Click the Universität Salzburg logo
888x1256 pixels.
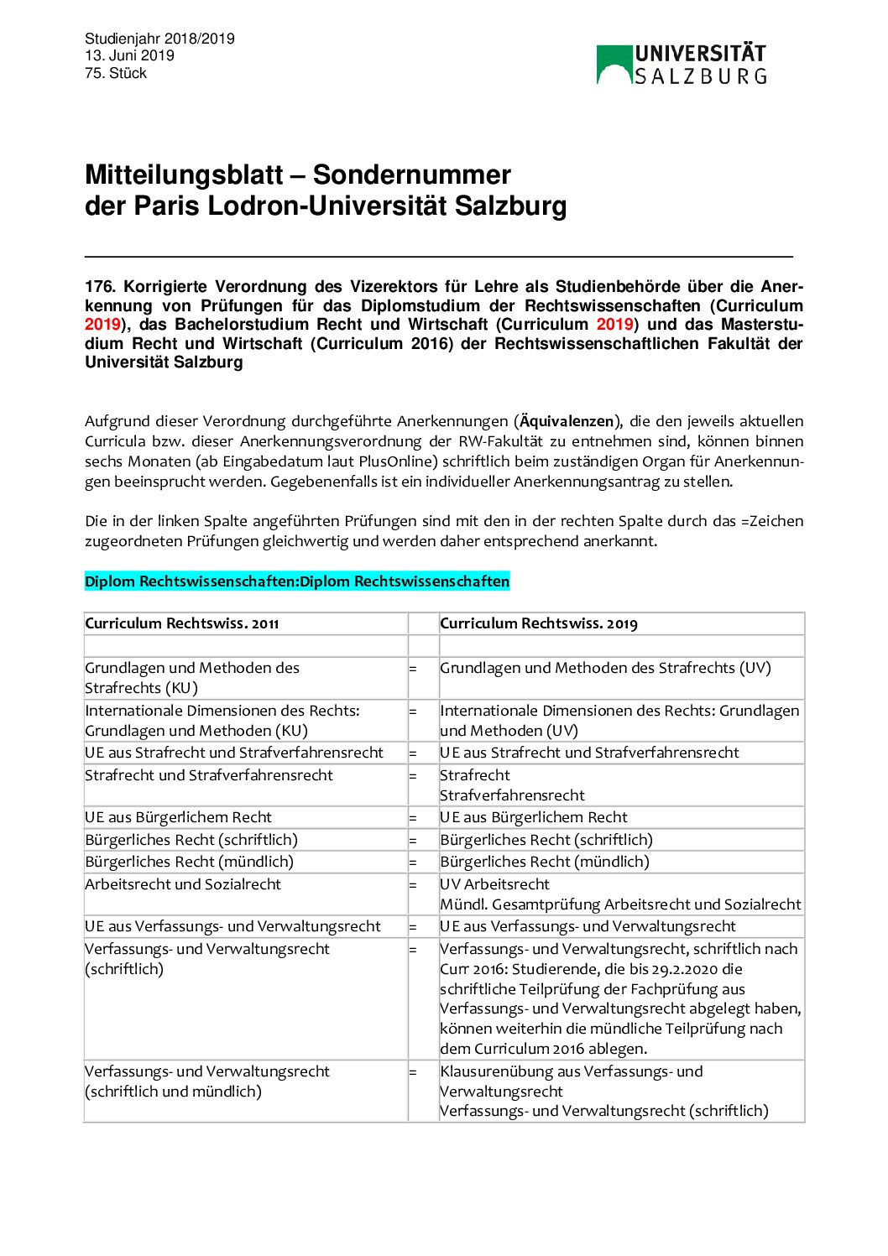point(681,65)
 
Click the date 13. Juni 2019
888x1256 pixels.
point(129,55)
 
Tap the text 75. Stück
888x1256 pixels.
point(116,73)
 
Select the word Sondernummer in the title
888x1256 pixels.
point(411,175)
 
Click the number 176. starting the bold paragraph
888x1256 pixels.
point(100,287)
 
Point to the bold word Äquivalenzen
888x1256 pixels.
point(567,421)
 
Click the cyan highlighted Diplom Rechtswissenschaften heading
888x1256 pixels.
point(297,581)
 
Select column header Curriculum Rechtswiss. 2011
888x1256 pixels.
point(182,623)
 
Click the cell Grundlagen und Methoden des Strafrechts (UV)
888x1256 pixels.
point(605,668)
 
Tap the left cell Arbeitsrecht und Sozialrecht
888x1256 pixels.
point(183,884)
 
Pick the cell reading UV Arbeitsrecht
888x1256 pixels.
point(495,884)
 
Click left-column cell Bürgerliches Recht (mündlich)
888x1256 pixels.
point(190,862)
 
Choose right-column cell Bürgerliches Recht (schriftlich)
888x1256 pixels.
point(546,840)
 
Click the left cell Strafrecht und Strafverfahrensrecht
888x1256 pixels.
point(209,775)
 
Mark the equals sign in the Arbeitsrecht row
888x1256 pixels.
point(413,885)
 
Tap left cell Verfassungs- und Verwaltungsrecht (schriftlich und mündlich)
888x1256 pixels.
point(207,1081)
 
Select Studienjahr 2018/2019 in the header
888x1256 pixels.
point(159,39)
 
